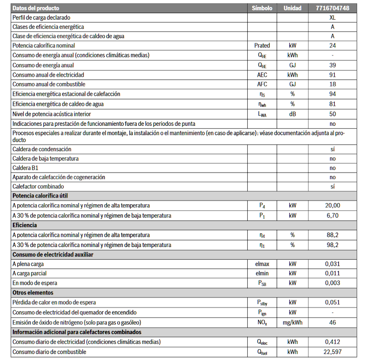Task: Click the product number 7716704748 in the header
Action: [333, 8]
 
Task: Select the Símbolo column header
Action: [262, 8]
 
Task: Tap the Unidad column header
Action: [292, 8]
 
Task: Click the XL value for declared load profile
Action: [333, 18]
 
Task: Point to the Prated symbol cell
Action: [262, 45]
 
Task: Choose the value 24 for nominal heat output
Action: [333, 45]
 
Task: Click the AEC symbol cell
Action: [262, 75]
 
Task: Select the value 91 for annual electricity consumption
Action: [333, 75]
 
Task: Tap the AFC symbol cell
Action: [262, 84]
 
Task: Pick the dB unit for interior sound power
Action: [292, 114]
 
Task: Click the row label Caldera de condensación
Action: [42, 149]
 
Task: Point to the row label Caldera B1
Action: [26, 168]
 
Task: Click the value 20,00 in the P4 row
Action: [333, 206]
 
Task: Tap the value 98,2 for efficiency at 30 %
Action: [333, 245]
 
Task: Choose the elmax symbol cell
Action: [262, 264]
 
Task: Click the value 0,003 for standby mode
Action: [333, 283]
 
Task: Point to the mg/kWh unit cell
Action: [292, 322]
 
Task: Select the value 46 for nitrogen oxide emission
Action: [333, 322]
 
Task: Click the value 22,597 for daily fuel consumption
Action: [333, 351]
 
